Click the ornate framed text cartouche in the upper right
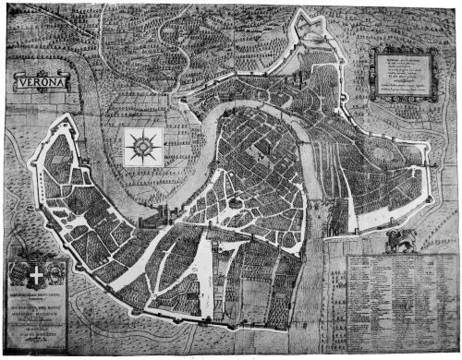tap(405, 73)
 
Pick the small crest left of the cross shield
tap(17, 273)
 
